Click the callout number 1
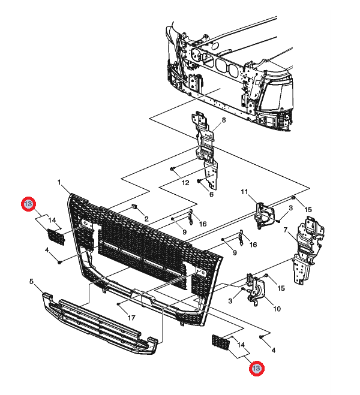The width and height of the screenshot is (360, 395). [x=59, y=182]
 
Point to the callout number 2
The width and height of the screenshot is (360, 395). [x=146, y=219]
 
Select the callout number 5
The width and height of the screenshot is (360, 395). [x=32, y=280]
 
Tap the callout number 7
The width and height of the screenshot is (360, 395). [x=286, y=230]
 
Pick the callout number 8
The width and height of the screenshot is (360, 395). [x=223, y=120]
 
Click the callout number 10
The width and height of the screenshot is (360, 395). [x=277, y=309]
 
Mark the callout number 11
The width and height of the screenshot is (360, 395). [x=244, y=192]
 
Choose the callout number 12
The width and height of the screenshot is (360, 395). [x=185, y=182]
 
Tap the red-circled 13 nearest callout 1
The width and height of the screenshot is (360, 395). [x=28, y=205]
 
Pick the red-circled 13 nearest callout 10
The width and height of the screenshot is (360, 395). [x=256, y=369]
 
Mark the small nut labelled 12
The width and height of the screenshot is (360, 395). [x=172, y=170]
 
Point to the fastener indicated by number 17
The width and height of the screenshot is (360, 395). [x=119, y=304]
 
